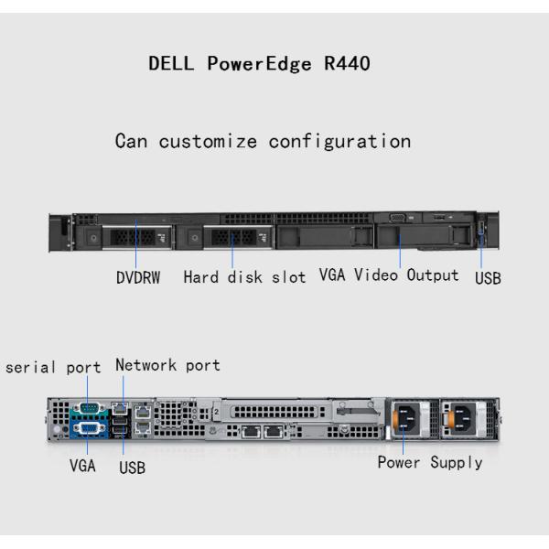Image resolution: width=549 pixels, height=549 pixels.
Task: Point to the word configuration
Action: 339,142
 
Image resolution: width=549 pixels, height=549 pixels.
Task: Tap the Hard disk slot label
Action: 244,277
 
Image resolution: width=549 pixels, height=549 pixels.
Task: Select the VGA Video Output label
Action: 389,275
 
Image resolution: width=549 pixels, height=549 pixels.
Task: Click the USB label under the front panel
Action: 488,278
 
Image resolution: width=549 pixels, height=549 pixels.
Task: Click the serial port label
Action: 53,368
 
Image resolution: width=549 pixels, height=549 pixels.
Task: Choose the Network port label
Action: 167,365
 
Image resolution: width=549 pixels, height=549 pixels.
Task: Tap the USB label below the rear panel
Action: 132,468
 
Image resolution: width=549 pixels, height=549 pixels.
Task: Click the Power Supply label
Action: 430,462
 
